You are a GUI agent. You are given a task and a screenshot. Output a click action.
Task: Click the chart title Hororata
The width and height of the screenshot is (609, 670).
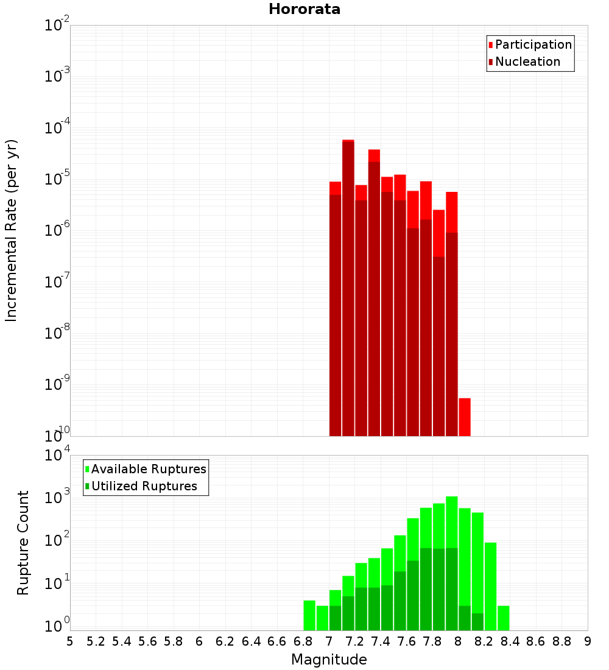tap(304, 9)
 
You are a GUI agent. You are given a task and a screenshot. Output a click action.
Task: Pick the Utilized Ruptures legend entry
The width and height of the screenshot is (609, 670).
tap(144, 486)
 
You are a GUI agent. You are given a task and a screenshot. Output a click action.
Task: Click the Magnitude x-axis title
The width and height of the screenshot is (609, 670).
tap(329, 660)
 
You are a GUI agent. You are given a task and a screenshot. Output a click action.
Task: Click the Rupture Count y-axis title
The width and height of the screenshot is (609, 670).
tap(23, 543)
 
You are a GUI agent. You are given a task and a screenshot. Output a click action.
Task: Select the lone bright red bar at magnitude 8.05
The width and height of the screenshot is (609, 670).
tap(465, 417)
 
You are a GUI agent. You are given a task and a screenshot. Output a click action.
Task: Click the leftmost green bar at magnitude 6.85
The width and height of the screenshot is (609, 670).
tap(309, 615)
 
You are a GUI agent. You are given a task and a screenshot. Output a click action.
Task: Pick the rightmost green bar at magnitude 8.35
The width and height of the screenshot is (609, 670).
tap(504, 618)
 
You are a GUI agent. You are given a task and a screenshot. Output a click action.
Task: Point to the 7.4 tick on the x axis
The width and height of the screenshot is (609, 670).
tap(381, 641)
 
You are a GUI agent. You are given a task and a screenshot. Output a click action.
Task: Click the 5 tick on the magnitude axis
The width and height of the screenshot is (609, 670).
tap(70, 641)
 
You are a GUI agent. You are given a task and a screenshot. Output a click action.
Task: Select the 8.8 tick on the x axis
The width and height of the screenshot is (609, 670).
tap(561, 641)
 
